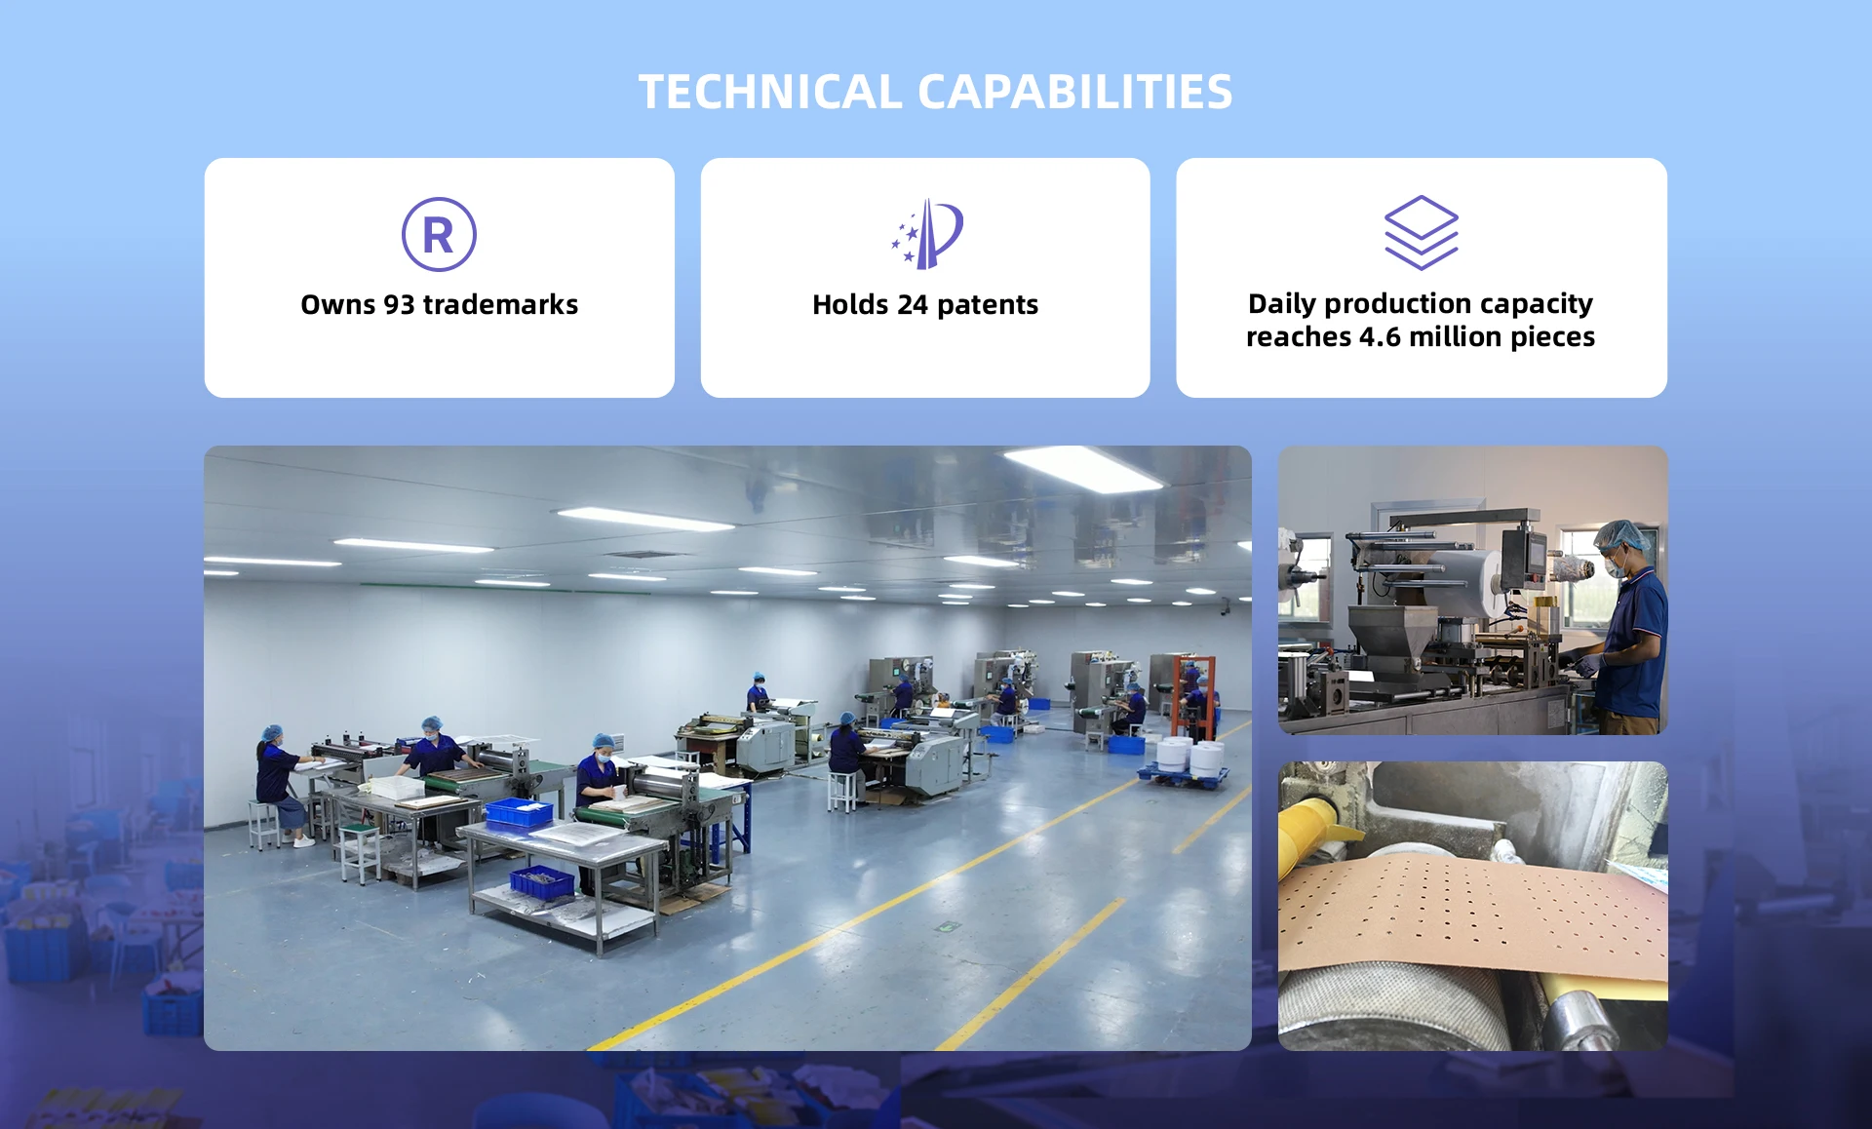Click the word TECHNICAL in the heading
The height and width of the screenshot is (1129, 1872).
coord(770,92)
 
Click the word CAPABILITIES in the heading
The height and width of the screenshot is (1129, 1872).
coord(1075,92)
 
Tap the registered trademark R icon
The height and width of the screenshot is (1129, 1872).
coord(439,234)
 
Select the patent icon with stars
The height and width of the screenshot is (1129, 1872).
coord(926,234)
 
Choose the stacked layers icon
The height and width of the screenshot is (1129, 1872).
coord(1422,233)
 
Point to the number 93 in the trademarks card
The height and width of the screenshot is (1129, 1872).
coord(399,304)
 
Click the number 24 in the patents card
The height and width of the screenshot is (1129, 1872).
coord(913,304)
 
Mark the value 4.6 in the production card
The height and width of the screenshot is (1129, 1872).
coord(1380,336)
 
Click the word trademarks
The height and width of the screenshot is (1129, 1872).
coord(500,304)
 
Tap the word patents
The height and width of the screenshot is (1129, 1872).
coord(988,305)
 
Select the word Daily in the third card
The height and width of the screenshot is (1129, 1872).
coord(1282,304)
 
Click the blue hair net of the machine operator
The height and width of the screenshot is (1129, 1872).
coord(1622,532)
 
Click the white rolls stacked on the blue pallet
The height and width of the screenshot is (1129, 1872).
coord(1190,757)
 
